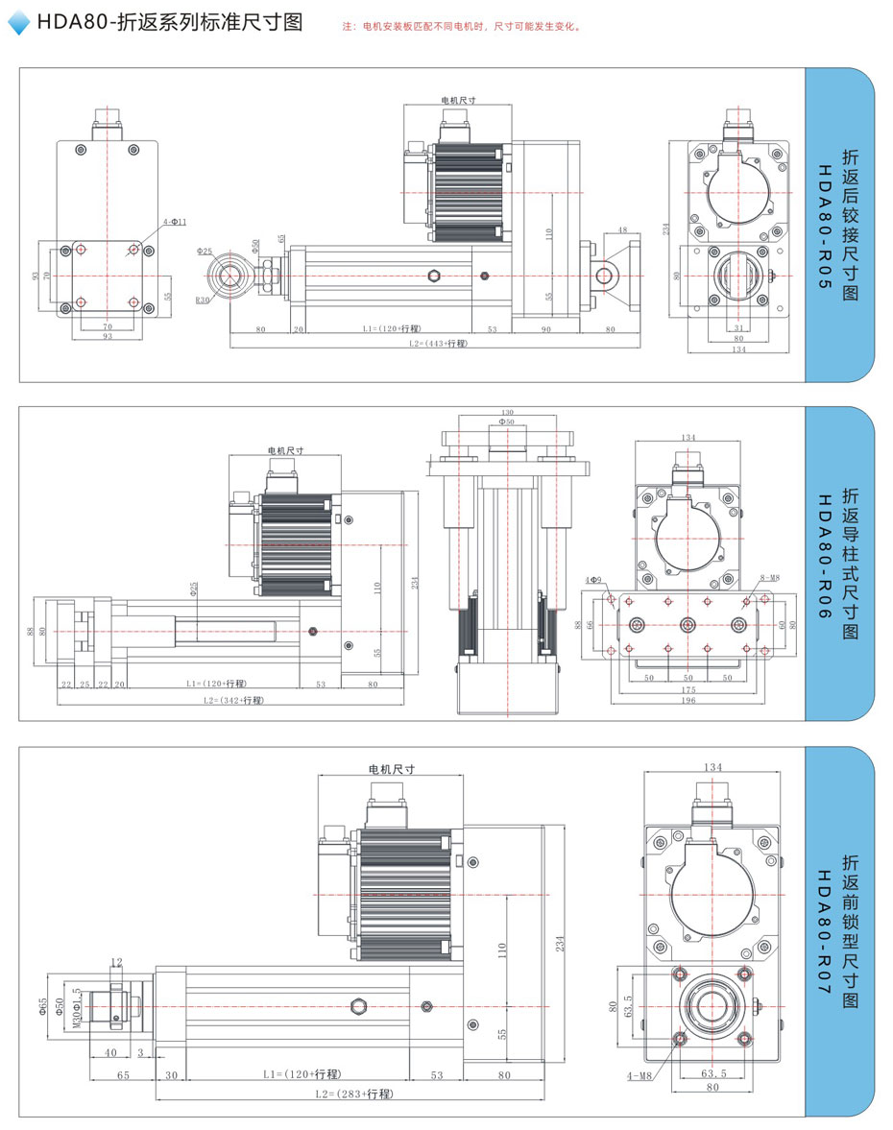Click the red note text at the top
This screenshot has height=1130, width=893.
[x=462, y=27]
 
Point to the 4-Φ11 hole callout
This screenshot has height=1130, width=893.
[x=174, y=222]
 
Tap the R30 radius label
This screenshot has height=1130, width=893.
[x=202, y=301]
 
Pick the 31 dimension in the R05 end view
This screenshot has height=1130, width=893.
[x=737, y=328]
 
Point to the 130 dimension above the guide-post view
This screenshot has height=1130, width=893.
[x=506, y=411]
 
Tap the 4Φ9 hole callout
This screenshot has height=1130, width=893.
[x=592, y=580]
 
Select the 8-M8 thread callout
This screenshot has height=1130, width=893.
[x=768, y=579]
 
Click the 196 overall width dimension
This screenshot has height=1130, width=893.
[x=688, y=700]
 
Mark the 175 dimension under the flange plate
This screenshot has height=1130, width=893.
[x=688, y=688]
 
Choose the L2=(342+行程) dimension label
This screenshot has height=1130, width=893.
[x=233, y=701]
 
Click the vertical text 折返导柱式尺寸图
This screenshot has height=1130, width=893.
[x=850, y=564]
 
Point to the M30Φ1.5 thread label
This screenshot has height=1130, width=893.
[x=77, y=1007]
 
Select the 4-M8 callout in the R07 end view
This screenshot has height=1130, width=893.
[x=640, y=1076]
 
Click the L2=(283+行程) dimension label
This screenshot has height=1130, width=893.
[x=353, y=1094]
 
